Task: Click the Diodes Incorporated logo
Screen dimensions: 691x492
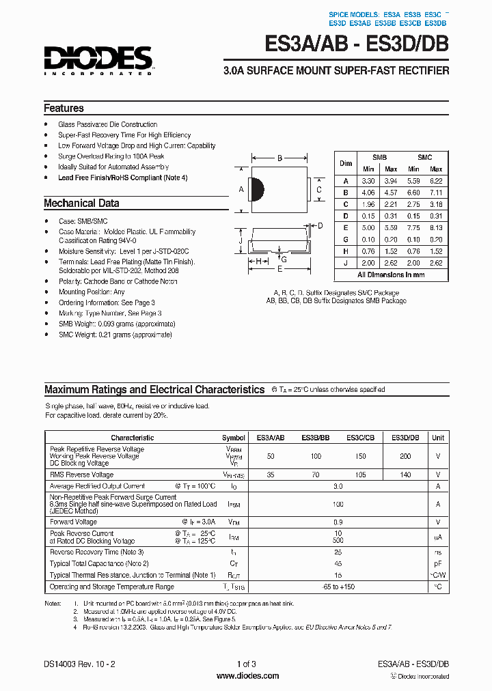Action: pos(98,60)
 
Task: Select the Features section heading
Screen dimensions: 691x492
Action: pos(64,108)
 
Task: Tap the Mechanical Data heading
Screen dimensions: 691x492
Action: pos(81,203)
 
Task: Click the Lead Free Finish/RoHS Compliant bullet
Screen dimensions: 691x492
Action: pos(122,178)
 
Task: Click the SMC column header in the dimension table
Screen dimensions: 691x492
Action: pos(424,157)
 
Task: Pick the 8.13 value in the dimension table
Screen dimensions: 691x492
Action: pos(436,227)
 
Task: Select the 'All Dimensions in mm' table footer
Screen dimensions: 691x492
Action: pos(391,274)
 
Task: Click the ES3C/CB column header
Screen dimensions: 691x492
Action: pos(360,438)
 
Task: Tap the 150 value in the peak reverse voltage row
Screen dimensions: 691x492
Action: pos(360,455)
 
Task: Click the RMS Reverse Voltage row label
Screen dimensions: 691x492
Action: pos(81,475)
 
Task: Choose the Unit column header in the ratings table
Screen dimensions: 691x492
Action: pos(438,438)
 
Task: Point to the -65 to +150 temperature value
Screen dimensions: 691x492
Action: pos(338,587)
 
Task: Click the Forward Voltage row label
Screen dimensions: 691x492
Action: pos(73,522)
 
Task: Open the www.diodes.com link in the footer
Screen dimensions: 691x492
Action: pos(247,676)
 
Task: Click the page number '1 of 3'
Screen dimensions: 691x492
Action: pos(246,664)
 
